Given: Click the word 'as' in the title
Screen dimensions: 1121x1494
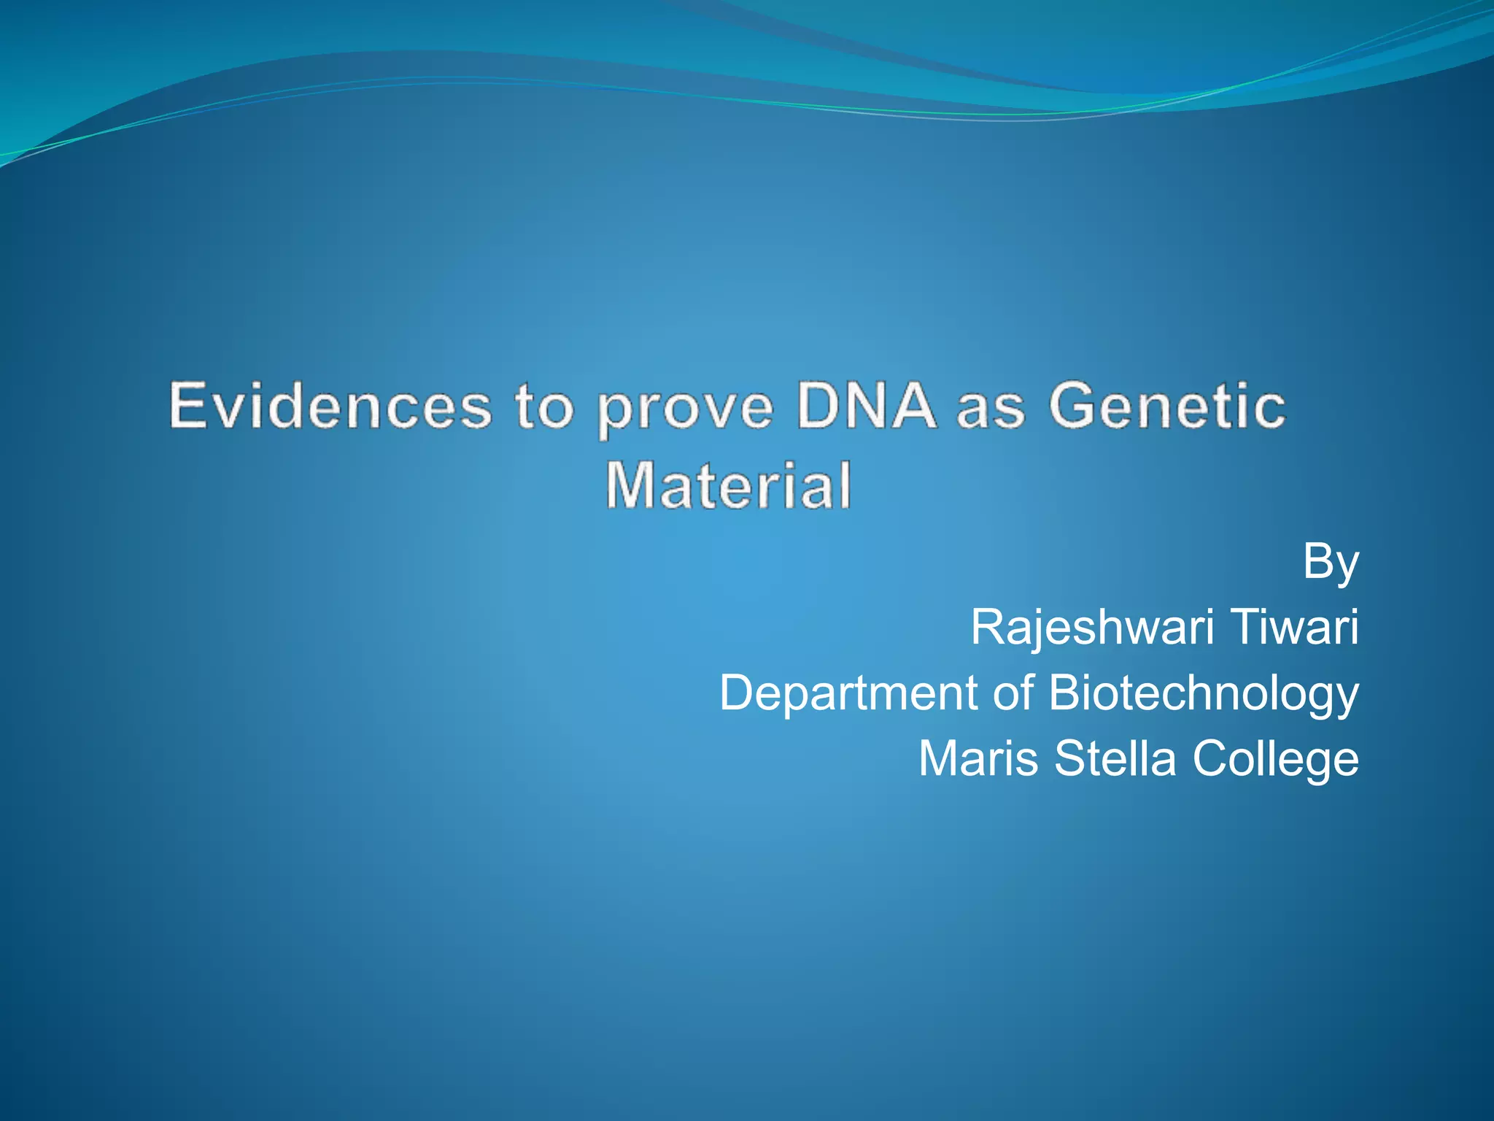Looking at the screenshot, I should [990, 409].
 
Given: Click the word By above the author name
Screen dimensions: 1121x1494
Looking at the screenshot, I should [1331, 563].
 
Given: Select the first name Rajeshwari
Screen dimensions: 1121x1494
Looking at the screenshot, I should [1091, 628].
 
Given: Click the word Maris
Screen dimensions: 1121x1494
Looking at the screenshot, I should [978, 758].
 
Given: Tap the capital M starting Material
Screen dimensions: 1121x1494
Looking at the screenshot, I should [628, 485].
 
